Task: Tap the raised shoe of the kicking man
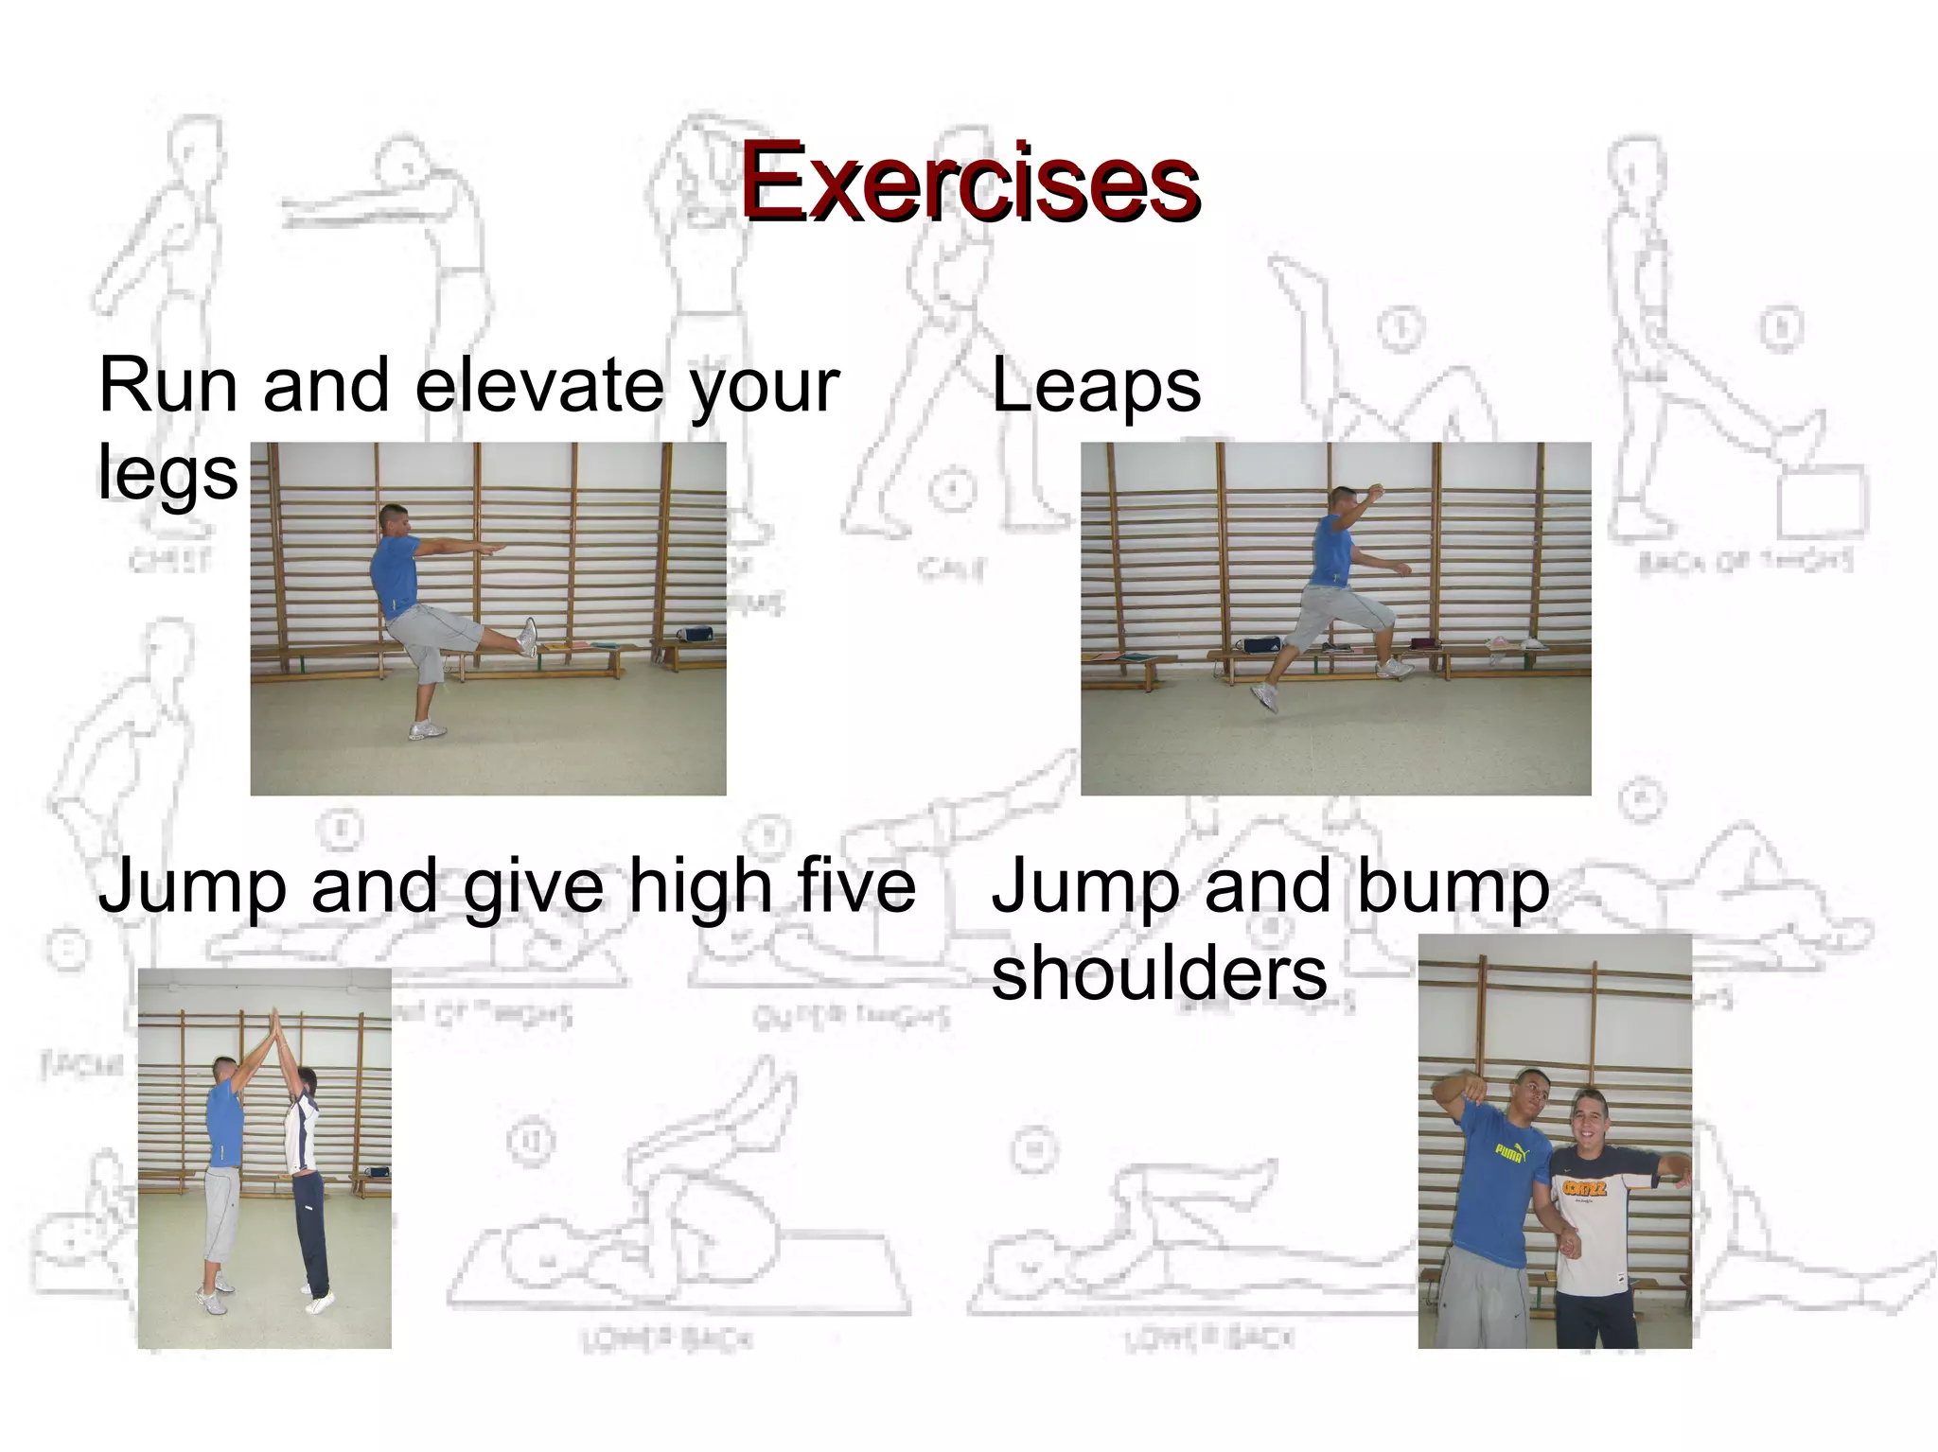[528, 637]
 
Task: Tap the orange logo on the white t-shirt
[1584, 1187]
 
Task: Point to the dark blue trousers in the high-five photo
[310, 1230]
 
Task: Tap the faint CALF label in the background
[950, 569]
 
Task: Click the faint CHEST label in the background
[169, 560]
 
